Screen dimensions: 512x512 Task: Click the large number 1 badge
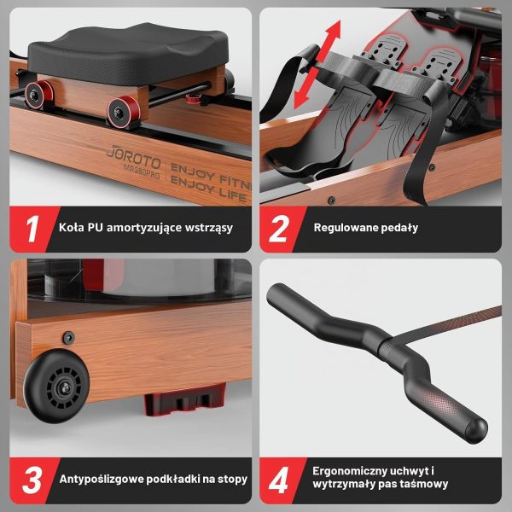pyautogui.click(x=32, y=229)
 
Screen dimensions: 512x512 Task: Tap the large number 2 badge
pyautogui.click(x=278, y=229)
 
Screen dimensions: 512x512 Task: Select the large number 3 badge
pyautogui.click(x=32, y=480)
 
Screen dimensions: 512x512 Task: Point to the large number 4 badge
pyautogui.click(x=278, y=480)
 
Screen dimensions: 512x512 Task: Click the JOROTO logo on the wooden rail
pyautogui.click(x=134, y=157)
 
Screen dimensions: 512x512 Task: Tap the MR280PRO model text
pyautogui.click(x=142, y=172)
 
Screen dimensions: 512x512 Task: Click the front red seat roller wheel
pyautogui.click(x=124, y=112)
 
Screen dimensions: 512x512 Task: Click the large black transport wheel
pyautogui.click(x=57, y=387)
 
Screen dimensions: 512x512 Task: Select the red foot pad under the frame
pyautogui.click(x=185, y=400)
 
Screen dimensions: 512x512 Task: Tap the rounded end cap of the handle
pyautogui.click(x=476, y=431)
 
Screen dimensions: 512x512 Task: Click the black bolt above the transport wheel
pyautogui.click(x=68, y=338)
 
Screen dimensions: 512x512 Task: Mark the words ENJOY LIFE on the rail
pyautogui.click(x=209, y=189)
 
